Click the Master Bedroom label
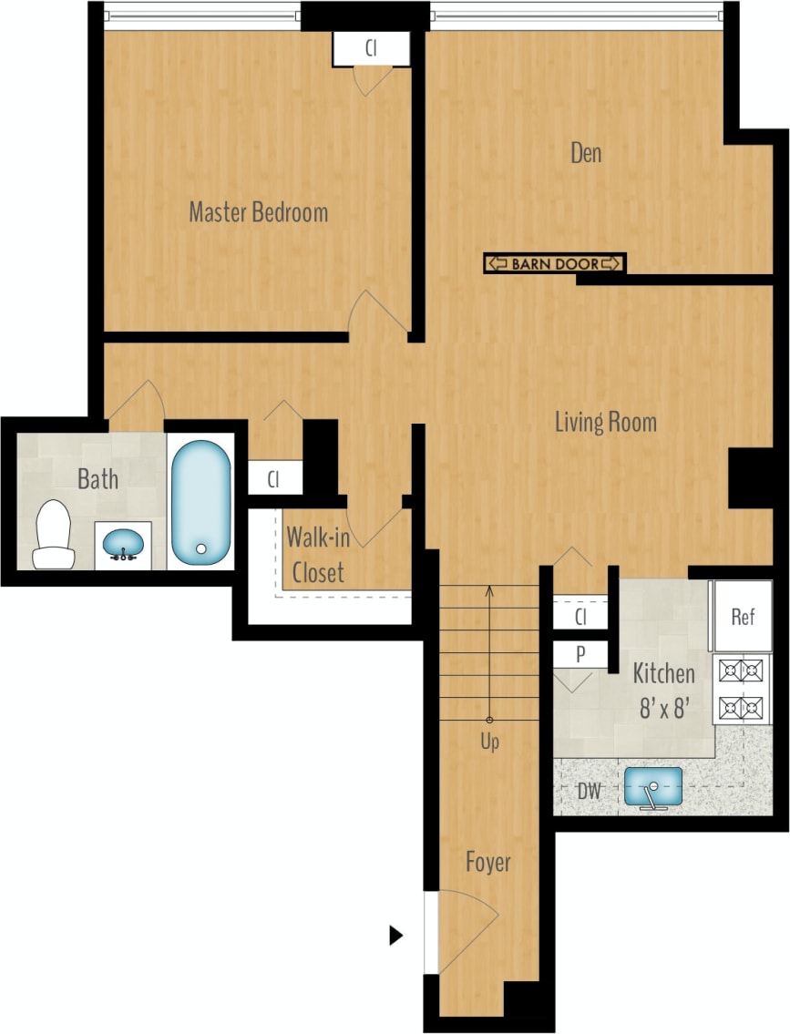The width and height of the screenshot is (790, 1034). [x=258, y=213]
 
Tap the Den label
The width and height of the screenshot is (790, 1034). [x=586, y=153]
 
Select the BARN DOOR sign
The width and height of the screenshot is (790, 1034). [x=554, y=263]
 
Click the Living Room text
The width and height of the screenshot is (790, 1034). [x=606, y=423]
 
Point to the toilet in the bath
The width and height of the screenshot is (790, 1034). [x=53, y=534]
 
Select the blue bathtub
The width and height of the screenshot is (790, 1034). [x=200, y=500]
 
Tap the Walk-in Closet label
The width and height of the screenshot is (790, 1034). [x=317, y=555]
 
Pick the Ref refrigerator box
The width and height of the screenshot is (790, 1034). [x=743, y=617]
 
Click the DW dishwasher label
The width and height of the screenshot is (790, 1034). [x=589, y=791]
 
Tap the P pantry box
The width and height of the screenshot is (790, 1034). [x=580, y=653]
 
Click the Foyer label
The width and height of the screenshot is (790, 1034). [x=487, y=861]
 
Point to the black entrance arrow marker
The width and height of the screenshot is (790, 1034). [x=395, y=935]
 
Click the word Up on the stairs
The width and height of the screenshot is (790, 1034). [x=489, y=742]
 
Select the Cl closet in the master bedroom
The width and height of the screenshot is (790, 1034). [x=371, y=49]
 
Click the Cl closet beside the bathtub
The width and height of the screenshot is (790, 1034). [x=273, y=478]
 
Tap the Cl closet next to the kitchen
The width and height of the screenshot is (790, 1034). [x=580, y=617]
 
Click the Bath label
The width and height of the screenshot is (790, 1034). [x=97, y=479]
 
